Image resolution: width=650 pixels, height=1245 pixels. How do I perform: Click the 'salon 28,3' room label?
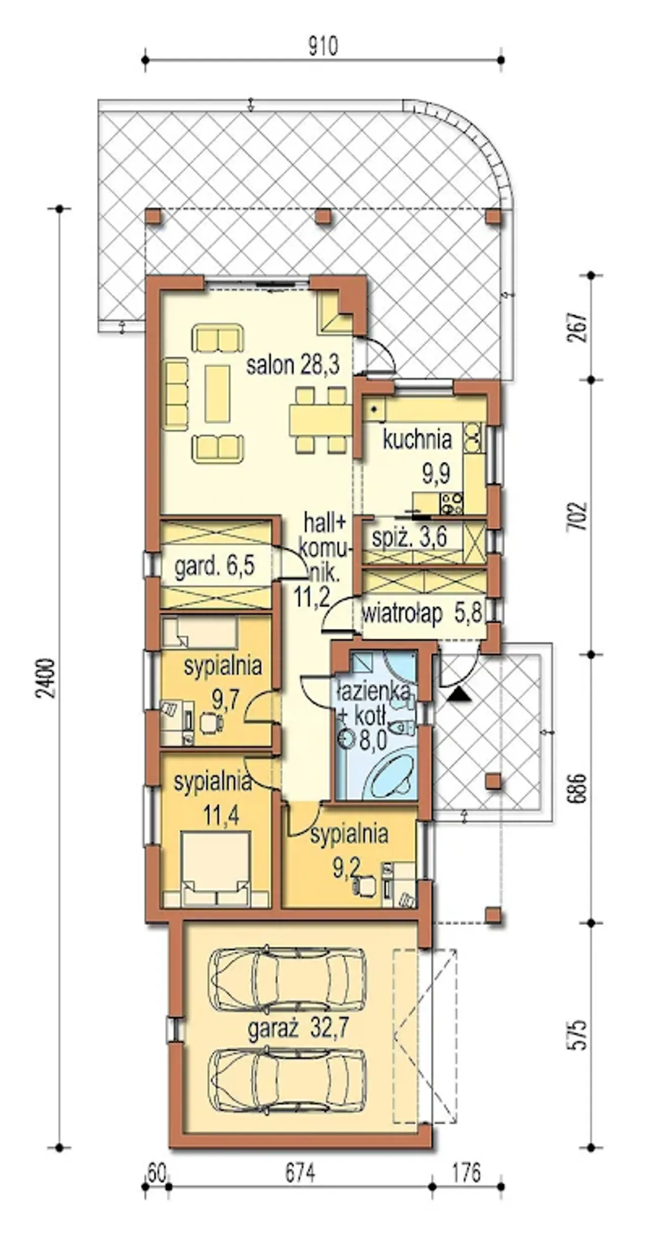(x=292, y=365)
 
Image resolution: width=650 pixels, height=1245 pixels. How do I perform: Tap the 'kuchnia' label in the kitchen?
(x=417, y=440)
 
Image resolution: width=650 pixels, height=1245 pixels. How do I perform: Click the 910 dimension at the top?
(x=323, y=47)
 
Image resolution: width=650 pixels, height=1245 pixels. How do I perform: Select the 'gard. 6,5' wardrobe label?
(x=214, y=565)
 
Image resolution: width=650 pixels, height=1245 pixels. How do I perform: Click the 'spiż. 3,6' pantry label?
(x=409, y=538)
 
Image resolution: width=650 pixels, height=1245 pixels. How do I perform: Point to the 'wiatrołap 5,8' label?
(x=422, y=614)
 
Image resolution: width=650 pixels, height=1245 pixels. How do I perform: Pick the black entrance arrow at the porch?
(x=459, y=693)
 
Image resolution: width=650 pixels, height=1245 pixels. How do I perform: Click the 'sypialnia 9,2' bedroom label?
(x=350, y=850)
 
